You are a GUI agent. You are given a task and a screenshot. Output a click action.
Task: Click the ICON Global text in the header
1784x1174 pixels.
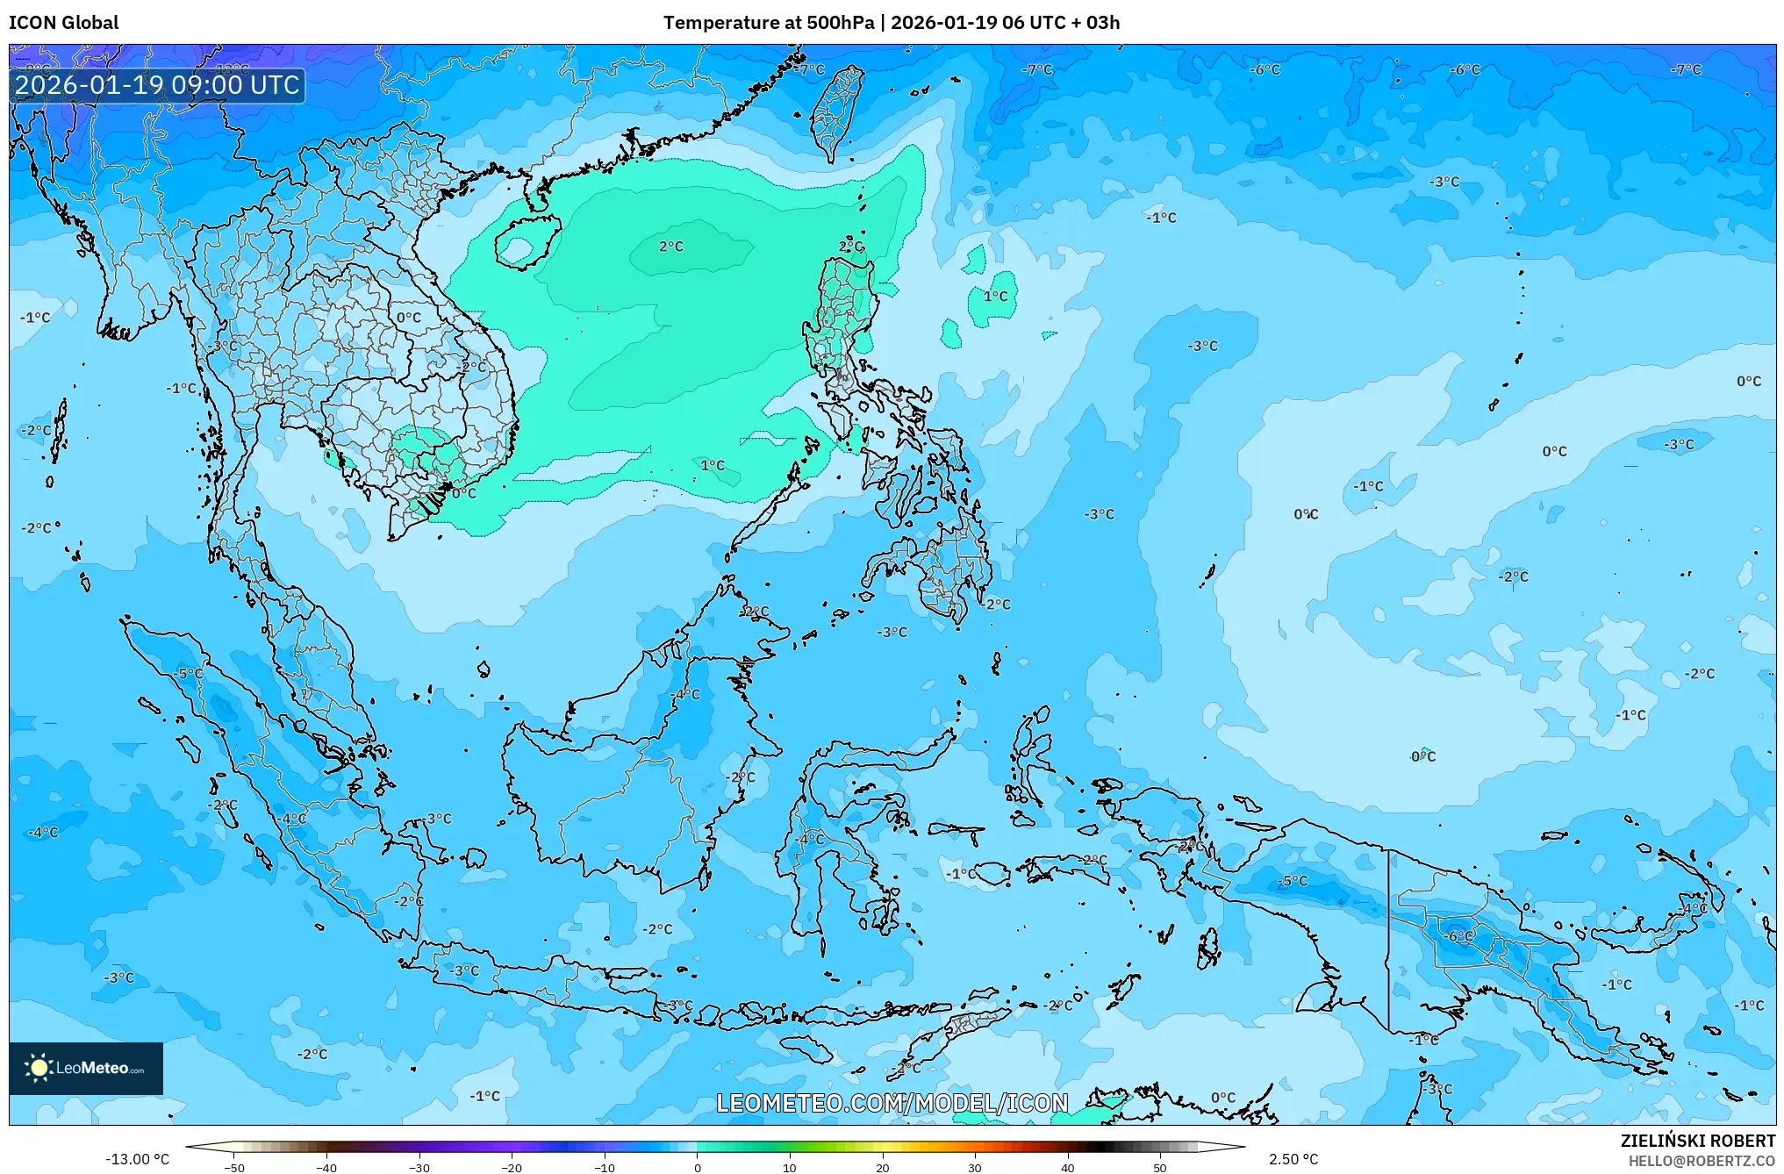[63, 23]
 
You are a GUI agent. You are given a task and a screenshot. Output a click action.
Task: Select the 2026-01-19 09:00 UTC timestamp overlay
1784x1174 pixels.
[157, 85]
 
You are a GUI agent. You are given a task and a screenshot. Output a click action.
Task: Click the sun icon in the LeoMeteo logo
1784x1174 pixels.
[39, 1068]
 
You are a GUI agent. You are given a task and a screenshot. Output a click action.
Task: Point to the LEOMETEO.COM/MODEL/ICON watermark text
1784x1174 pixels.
[892, 1103]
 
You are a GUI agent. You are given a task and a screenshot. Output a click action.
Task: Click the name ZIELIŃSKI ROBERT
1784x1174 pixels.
[1697, 1141]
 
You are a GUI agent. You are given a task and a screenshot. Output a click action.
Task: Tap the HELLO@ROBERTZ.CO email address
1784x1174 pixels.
[1702, 1160]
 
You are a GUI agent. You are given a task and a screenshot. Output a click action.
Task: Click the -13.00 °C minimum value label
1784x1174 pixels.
[137, 1159]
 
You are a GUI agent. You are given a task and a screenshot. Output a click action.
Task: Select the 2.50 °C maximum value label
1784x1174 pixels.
[1293, 1159]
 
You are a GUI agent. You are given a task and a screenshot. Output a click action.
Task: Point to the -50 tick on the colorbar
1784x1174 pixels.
[234, 1168]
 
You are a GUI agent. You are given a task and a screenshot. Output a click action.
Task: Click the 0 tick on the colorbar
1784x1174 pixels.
[698, 1168]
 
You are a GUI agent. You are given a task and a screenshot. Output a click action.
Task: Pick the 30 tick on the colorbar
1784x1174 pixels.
[975, 1168]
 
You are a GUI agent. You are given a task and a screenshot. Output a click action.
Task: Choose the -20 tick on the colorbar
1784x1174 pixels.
[512, 1168]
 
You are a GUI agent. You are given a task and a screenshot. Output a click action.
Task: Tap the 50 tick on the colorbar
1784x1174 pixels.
[1160, 1168]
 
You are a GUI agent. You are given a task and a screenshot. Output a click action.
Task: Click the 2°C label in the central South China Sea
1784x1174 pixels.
[671, 247]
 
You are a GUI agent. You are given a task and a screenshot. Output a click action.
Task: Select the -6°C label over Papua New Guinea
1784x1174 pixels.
[1460, 936]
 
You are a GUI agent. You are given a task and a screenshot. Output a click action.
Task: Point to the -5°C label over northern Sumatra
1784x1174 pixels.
[190, 674]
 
